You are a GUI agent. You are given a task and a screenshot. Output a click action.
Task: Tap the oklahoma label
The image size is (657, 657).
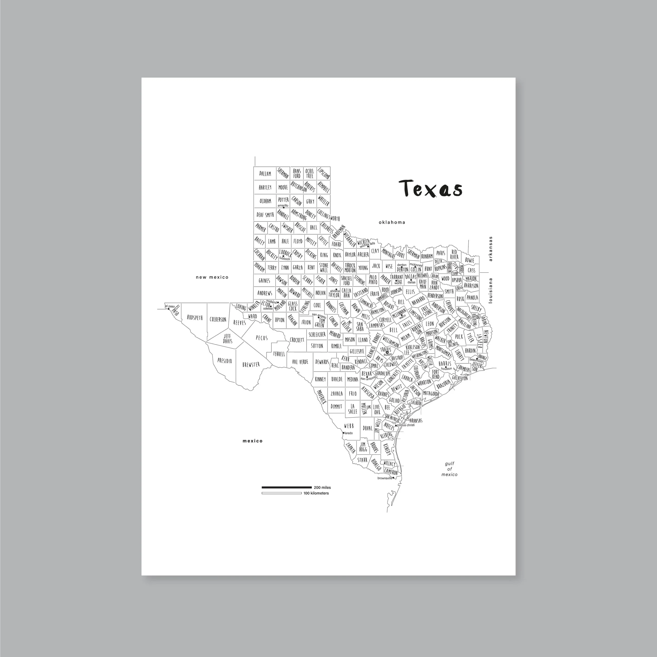tap(392, 223)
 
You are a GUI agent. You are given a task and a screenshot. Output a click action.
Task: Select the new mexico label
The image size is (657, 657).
tap(212, 277)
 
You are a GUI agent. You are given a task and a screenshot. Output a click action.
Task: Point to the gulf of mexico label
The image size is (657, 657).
tap(449, 469)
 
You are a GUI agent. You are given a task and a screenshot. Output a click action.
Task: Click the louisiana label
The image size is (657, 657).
tap(490, 291)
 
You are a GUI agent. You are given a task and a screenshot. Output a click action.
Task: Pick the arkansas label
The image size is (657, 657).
tap(490, 249)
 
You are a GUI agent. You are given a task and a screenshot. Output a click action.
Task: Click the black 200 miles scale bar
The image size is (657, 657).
tap(286, 488)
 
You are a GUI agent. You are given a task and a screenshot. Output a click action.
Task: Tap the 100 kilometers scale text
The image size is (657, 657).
tap(316, 493)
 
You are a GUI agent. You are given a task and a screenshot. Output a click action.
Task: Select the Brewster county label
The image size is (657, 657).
tap(251, 364)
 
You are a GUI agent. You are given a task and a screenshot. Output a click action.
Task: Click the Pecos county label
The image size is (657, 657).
tap(262, 338)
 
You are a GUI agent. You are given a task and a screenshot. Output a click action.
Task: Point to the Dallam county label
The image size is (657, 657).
tap(265, 174)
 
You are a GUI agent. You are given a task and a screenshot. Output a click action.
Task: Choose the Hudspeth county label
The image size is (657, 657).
tap(195, 318)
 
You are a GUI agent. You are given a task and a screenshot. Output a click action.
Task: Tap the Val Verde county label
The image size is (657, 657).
tap(300, 362)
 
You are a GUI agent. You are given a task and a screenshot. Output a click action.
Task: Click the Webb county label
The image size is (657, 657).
tap(349, 426)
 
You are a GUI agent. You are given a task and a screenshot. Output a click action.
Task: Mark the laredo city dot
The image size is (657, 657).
tap(343, 433)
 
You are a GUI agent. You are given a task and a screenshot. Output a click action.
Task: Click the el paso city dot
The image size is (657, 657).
tap(169, 309)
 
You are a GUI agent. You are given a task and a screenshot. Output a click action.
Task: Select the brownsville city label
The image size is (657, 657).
tap(385, 478)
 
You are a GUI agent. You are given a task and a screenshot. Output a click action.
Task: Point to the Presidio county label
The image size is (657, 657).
tap(225, 361)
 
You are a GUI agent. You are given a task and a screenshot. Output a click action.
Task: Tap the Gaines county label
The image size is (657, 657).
tap(264, 281)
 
